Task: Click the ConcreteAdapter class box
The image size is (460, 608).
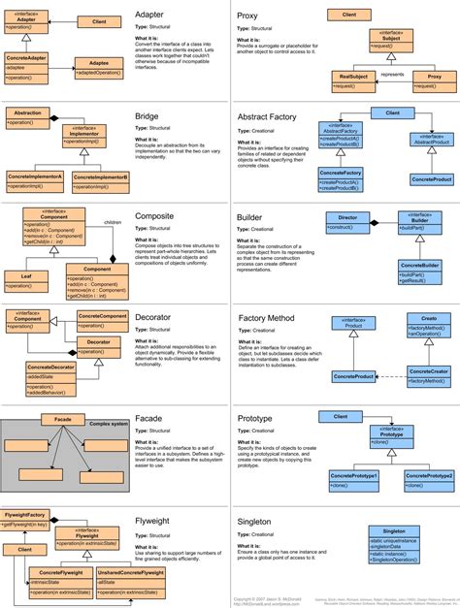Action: point(27,66)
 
